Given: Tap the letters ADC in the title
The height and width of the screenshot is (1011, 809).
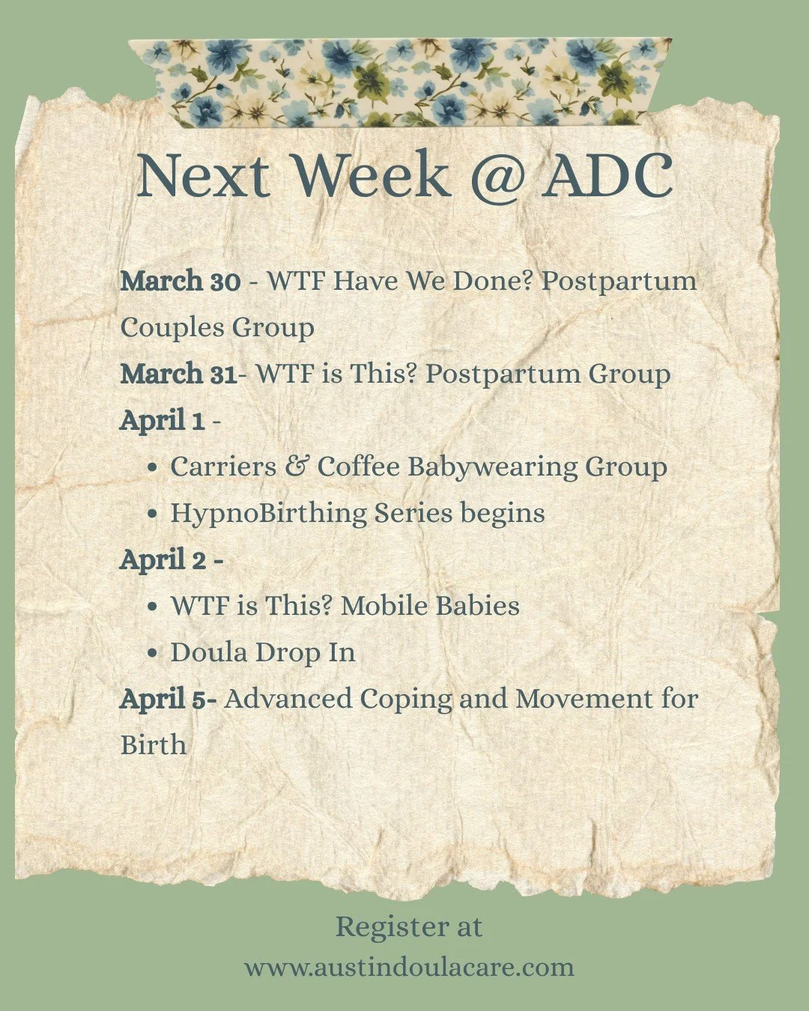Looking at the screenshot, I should click(607, 176).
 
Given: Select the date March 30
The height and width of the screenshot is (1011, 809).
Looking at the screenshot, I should click(180, 282).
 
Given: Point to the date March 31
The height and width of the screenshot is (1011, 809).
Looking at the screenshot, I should click(178, 374).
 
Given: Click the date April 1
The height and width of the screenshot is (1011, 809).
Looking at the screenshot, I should click(162, 420).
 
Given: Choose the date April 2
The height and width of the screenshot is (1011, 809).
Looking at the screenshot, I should click(163, 559).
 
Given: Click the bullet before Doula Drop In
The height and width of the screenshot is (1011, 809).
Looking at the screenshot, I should click(153, 653).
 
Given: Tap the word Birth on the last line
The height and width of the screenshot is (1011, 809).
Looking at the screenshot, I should click(153, 745).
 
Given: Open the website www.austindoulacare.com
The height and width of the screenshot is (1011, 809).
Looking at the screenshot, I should click(409, 967).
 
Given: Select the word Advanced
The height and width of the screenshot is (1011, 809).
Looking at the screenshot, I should click(288, 699).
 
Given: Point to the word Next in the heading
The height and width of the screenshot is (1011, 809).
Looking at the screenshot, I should click(202, 176).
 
